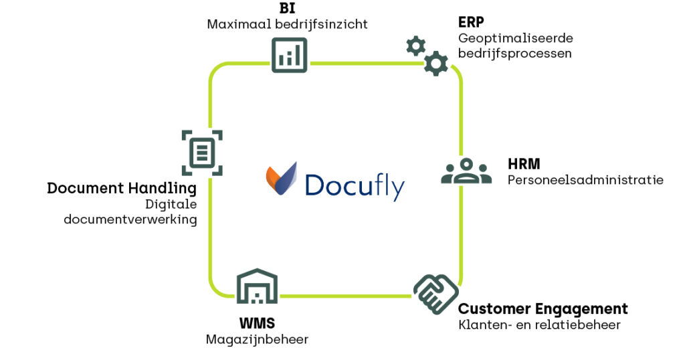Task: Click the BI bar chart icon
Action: click(289, 55)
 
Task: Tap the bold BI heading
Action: click(287, 9)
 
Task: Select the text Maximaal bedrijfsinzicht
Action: click(287, 25)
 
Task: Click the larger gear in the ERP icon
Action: click(436, 63)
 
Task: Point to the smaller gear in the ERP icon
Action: click(415, 46)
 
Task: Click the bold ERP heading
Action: click(471, 22)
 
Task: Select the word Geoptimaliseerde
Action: click(515, 38)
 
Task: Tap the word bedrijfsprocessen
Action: click(514, 54)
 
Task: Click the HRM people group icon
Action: click(466, 171)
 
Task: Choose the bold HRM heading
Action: click(524, 164)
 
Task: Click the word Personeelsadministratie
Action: click(585, 180)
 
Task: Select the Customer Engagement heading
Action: click(543, 309)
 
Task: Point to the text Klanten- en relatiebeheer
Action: click(539, 326)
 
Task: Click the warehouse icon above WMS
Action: click(257, 288)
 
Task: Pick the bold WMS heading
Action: click(257, 324)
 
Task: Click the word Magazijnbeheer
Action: click(257, 340)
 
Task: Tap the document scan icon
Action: click(202, 153)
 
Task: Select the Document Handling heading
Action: click(122, 188)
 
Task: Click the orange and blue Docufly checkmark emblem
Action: click(280, 178)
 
